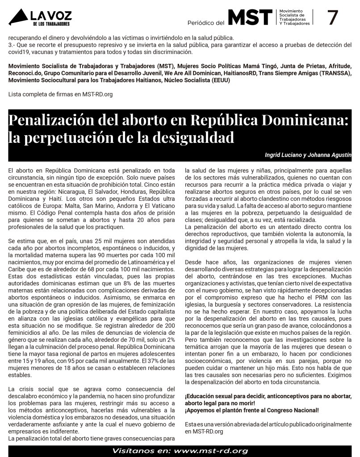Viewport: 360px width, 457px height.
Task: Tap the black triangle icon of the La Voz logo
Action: [x=18, y=18]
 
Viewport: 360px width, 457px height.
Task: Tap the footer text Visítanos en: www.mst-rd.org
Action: [x=180, y=451]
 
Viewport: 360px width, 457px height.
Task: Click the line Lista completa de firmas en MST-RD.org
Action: [x=60, y=94]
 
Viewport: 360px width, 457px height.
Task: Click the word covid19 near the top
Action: [x=17, y=52]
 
